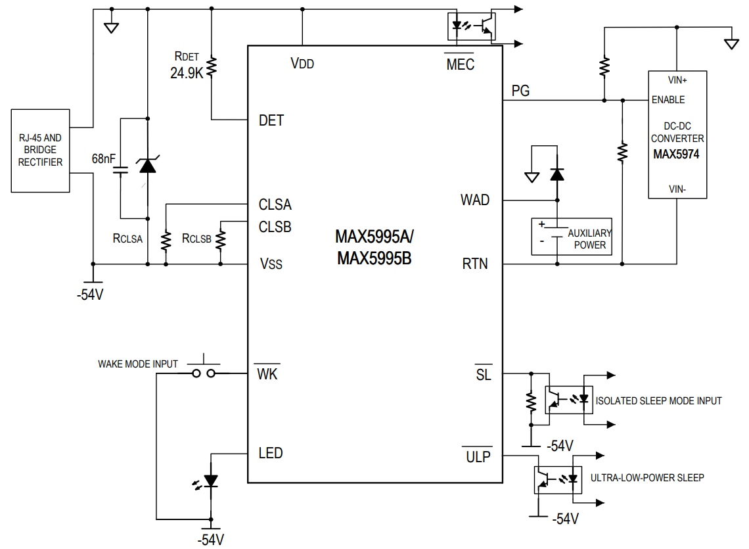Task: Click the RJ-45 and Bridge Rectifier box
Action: [41, 151]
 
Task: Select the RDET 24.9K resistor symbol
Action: [212, 66]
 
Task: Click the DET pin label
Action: [271, 120]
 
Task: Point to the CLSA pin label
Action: [275, 204]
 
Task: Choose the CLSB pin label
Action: [275, 227]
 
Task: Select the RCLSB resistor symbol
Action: [221, 238]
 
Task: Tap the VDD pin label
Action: [302, 63]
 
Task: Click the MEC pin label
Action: [460, 64]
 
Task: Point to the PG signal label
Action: [520, 90]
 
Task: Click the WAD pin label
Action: [475, 200]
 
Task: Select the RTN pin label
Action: [475, 264]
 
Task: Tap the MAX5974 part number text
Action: [677, 155]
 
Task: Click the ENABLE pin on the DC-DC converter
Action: [668, 100]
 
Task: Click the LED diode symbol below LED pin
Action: [210, 481]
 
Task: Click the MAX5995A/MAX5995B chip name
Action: [374, 247]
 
